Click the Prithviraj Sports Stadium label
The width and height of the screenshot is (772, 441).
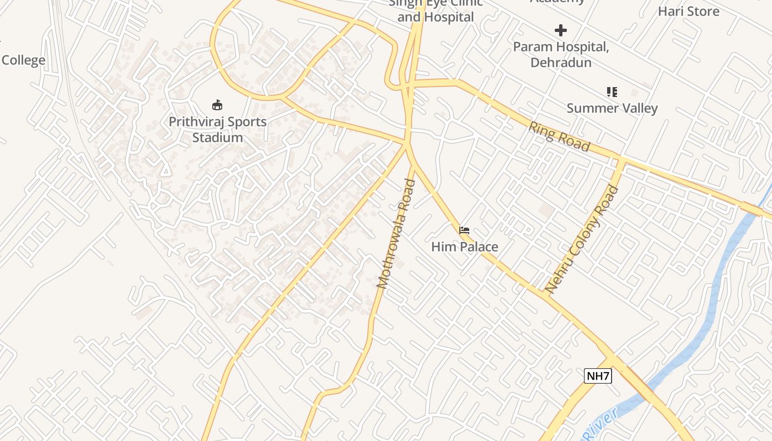point(217,130)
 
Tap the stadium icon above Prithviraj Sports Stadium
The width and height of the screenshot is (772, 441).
point(217,105)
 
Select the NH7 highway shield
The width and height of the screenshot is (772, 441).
point(598,377)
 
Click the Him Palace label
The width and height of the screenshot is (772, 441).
point(464,247)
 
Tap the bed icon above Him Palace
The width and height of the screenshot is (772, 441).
point(464,230)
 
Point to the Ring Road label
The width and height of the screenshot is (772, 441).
point(559,136)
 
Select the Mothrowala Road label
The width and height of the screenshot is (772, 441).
point(395,234)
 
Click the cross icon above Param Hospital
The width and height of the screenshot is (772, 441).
point(561,30)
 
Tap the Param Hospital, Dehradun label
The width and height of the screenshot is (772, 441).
point(561,55)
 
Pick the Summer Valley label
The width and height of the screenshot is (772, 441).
point(612,108)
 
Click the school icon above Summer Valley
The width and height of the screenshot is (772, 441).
point(612,92)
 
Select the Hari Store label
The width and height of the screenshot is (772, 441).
point(688,11)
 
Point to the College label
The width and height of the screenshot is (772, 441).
point(23,60)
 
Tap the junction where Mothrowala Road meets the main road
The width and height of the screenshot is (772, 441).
point(408,145)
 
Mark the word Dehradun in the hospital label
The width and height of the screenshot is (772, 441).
point(561,62)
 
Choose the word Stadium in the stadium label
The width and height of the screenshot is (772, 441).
point(217,137)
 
